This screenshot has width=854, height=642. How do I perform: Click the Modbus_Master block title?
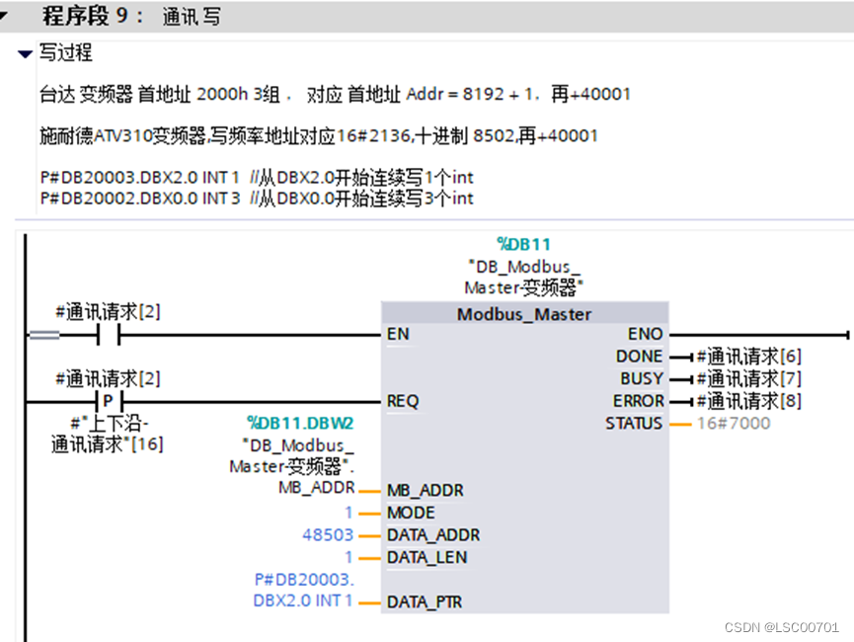coord(524,314)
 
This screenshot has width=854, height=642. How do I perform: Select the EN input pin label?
coord(398,335)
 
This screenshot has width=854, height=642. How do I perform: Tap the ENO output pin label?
coord(646,335)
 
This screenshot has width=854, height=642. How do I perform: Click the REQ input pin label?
coord(403,401)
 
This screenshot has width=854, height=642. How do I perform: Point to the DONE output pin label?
coord(639,357)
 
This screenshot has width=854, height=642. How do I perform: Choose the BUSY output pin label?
coord(641,379)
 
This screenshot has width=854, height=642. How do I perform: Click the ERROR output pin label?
coord(638,401)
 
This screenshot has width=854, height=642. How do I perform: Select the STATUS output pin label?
coord(634,424)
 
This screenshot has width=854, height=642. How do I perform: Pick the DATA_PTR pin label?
coord(425,602)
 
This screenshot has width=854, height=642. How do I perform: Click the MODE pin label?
coord(411,513)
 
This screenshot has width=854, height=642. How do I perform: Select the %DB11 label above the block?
coord(524,244)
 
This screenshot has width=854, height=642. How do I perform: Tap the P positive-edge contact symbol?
coord(108,401)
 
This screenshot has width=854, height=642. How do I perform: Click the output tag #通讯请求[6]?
coord(748,357)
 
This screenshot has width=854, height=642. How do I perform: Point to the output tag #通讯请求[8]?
coord(748,401)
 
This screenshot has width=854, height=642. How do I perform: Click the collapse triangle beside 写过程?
coord(26,53)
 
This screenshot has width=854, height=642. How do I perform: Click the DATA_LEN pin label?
coord(427,557)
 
